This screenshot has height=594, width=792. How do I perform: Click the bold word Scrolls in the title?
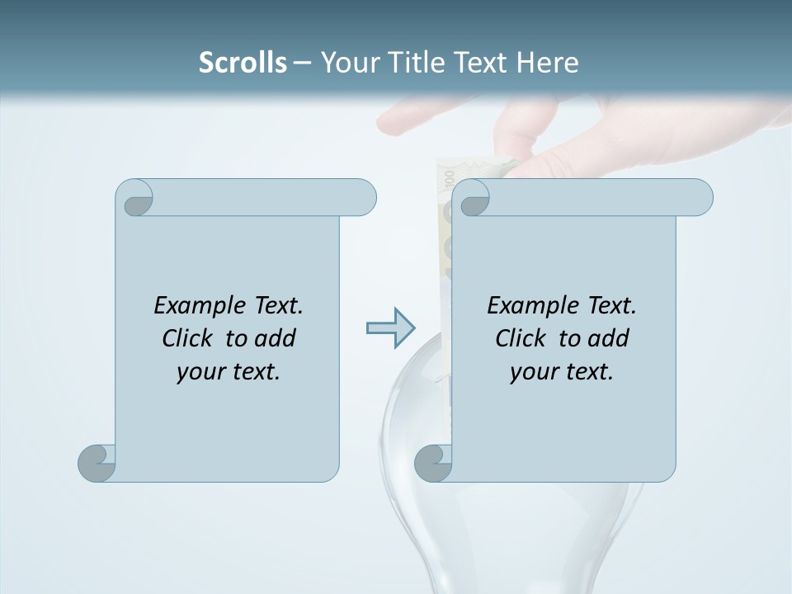click(x=243, y=63)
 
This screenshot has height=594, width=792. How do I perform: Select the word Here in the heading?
click(x=547, y=63)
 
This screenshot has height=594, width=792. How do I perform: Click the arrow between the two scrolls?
click(x=389, y=328)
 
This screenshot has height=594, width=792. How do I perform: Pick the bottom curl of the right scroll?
click(x=434, y=463)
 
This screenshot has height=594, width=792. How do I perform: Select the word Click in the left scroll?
click(x=187, y=338)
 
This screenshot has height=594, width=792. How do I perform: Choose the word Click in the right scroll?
click(x=521, y=338)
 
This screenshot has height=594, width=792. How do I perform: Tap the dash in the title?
click(x=303, y=63)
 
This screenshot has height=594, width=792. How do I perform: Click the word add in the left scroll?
click(x=276, y=338)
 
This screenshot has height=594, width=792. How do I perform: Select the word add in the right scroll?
click(x=609, y=338)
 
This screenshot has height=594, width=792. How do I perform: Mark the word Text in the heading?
click(x=482, y=63)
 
